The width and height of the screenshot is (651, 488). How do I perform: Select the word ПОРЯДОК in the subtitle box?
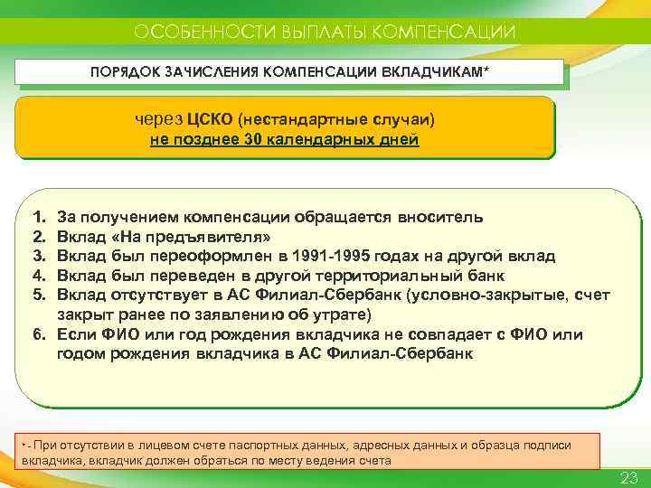[123, 70]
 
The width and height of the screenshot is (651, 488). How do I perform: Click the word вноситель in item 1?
[441, 218]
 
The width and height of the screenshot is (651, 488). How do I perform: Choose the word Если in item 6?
[76, 334]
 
